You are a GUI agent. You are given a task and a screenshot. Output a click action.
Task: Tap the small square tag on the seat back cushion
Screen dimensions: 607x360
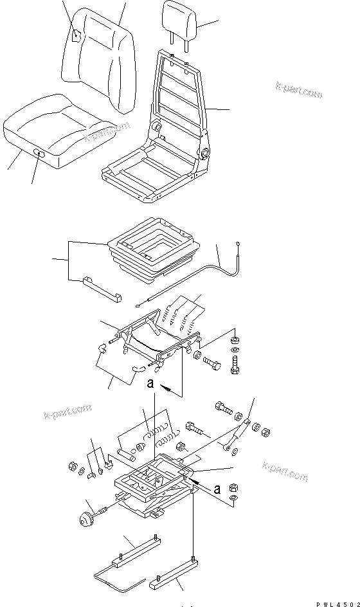(x=76, y=36)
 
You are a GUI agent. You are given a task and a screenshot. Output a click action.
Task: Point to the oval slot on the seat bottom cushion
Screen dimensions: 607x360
(x=40, y=153)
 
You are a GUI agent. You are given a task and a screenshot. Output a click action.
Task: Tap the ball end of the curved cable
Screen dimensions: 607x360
(x=239, y=244)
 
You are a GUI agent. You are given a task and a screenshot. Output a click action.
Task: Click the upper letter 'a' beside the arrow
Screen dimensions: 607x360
(x=149, y=384)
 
